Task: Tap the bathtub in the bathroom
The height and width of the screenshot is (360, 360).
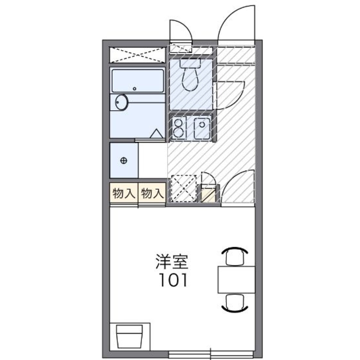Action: pyautogui.click(x=138, y=81)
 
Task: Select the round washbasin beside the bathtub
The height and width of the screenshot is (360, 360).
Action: pyautogui.click(x=121, y=103)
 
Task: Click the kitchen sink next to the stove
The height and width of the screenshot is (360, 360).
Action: pyautogui.click(x=202, y=128)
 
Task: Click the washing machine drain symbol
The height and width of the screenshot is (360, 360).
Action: pyautogui.click(x=123, y=160)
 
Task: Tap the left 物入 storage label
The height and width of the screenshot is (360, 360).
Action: pyautogui.click(x=123, y=194)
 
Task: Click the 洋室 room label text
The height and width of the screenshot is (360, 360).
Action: pyautogui.click(x=172, y=262)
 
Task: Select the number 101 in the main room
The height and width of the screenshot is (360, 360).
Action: pyautogui.click(x=173, y=280)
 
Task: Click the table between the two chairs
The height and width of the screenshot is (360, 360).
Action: pyautogui.click(x=236, y=279)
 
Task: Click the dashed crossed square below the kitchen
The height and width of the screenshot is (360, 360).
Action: pyautogui.click(x=183, y=189)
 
